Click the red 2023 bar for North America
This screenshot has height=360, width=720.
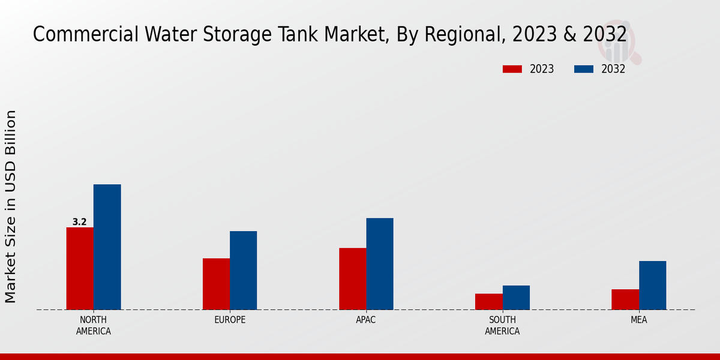(x=80, y=268)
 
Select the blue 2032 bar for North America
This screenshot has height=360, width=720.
(x=107, y=247)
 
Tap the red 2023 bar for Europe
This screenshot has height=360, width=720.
(x=216, y=284)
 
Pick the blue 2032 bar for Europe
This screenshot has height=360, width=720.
(x=243, y=270)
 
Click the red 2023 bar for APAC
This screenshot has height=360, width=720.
(x=352, y=278)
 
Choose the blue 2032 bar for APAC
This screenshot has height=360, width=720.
(x=380, y=263)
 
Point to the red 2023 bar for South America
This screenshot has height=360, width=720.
(x=488, y=301)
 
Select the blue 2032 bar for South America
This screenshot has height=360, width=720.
(x=516, y=297)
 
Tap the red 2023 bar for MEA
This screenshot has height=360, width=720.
(x=625, y=299)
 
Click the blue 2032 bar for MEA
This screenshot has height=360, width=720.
(x=652, y=285)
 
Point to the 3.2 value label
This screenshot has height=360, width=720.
(x=79, y=222)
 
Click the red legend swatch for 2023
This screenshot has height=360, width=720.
(x=512, y=69)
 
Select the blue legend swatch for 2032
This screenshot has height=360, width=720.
(x=583, y=69)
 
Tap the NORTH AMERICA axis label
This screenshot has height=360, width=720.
(x=93, y=325)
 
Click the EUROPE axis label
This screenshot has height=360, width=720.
(x=230, y=320)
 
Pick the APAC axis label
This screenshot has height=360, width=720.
(x=366, y=320)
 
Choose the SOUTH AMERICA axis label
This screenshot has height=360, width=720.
(x=502, y=325)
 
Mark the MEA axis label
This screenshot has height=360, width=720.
(x=638, y=320)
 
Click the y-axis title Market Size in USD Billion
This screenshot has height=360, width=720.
(x=11, y=206)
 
